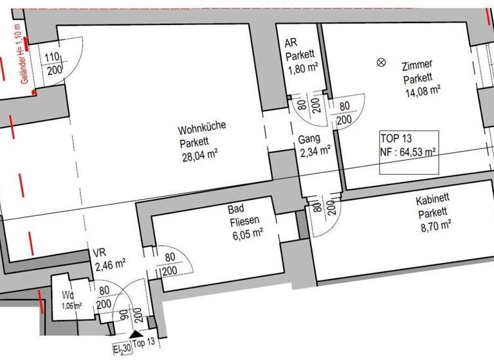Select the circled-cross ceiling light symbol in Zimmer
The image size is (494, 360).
pyautogui.click(x=381, y=62)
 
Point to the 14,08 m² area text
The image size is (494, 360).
pyautogui.click(x=421, y=91)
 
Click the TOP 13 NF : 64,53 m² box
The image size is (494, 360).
pyautogui.click(x=408, y=152)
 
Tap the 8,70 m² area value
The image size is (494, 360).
pyautogui.click(x=434, y=226)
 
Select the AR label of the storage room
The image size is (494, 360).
pyautogui.click(x=289, y=42)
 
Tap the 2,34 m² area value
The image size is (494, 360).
pyautogui.click(x=315, y=152)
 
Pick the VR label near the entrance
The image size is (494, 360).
pyautogui.click(x=98, y=253)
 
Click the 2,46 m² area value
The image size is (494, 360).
pyautogui.click(x=109, y=263)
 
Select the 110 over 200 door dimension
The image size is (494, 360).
pyautogui.click(x=54, y=62)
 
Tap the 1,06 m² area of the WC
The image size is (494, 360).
pyautogui.click(x=71, y=305)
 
